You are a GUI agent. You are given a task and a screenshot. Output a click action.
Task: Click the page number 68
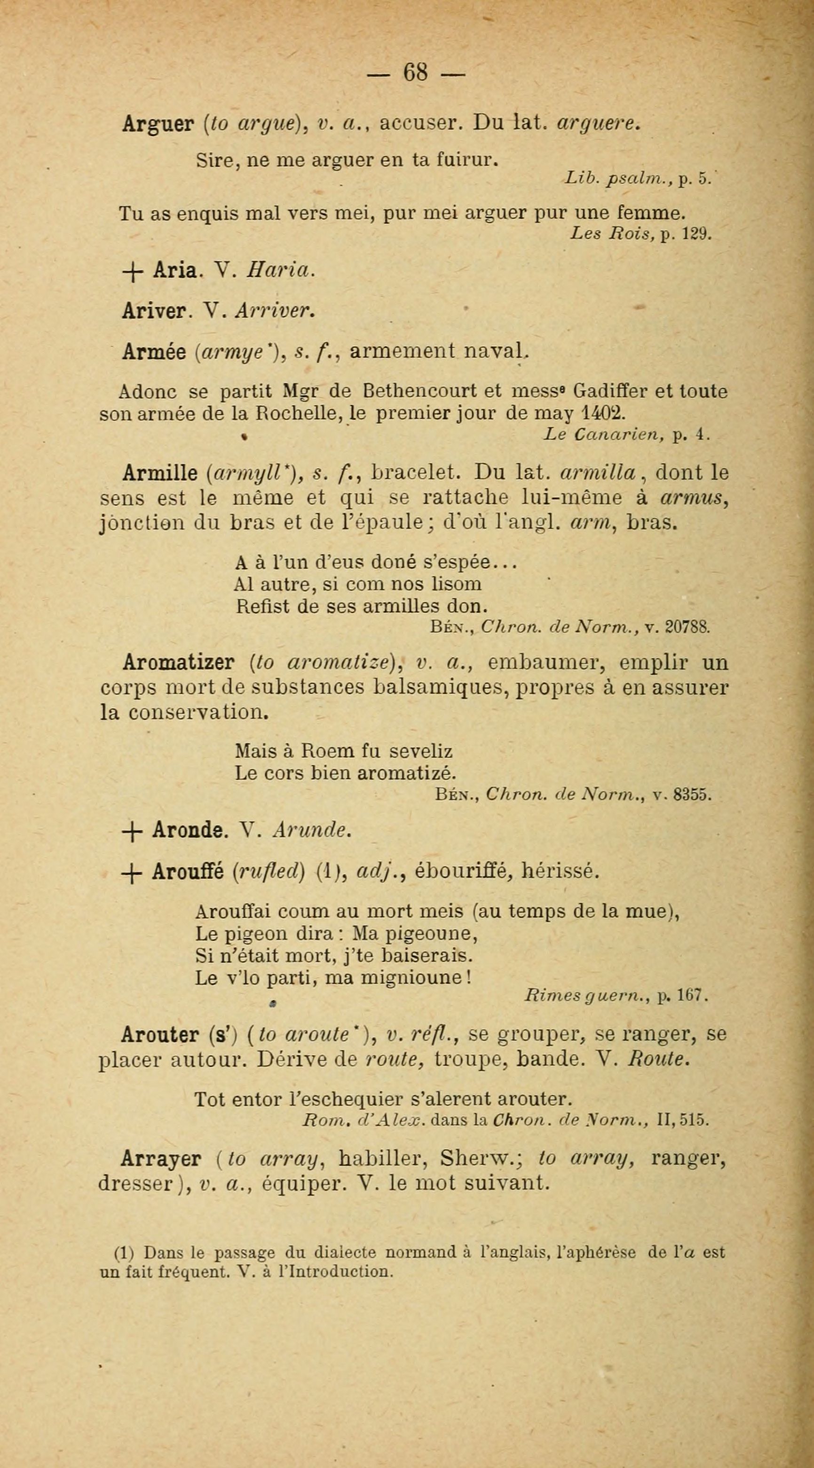click(x=415, y=73)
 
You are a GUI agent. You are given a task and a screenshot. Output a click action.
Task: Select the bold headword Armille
click(x=159, y=474)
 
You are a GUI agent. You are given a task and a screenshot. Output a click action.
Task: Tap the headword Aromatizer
click(x=178, y=663)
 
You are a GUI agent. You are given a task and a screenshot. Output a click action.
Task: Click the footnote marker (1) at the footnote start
click(x=124, y=1253)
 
